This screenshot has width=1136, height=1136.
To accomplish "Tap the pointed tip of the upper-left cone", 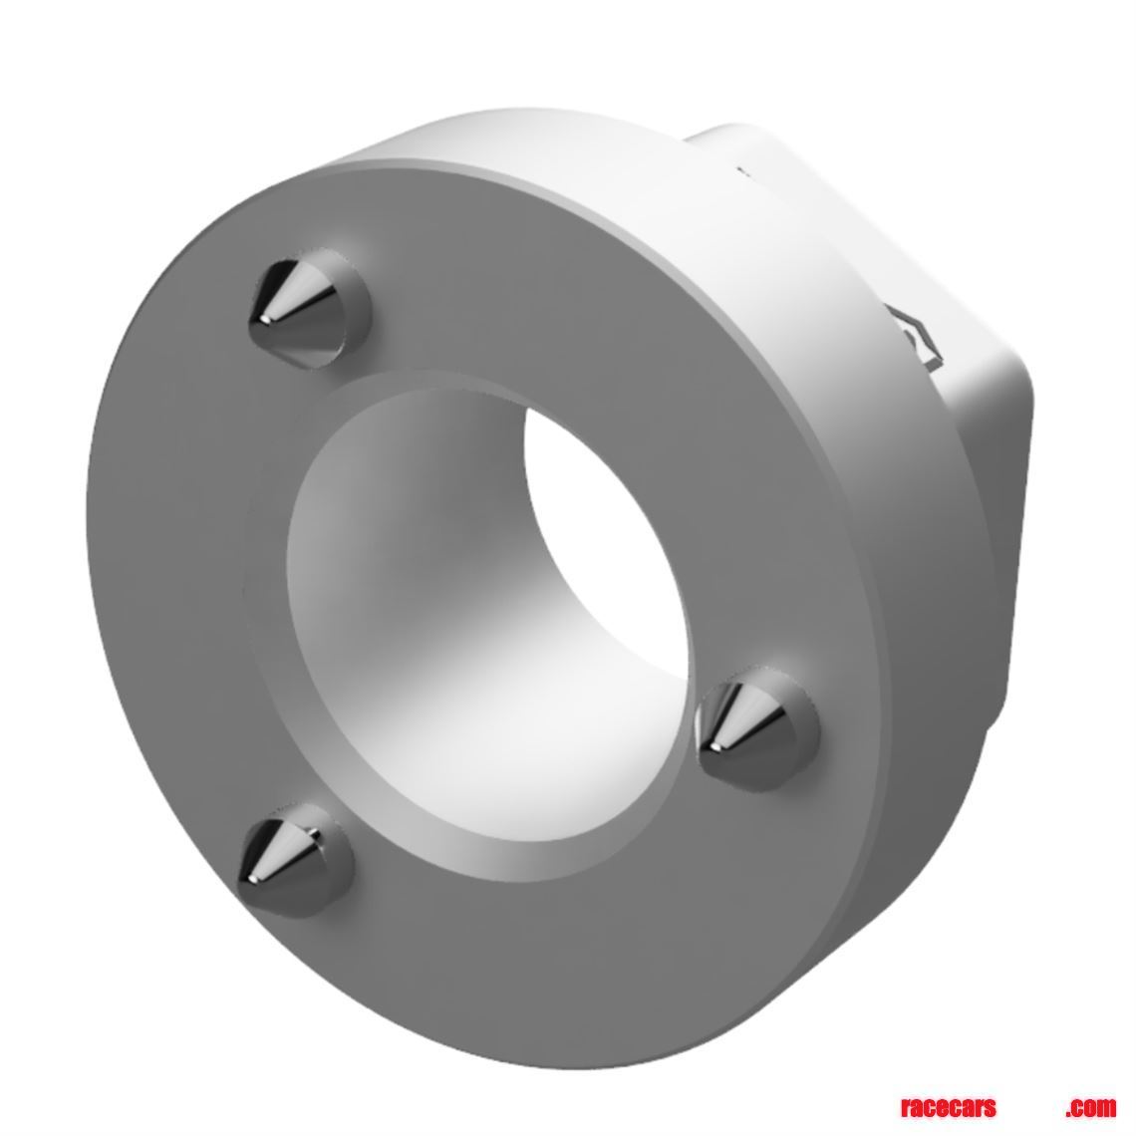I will [261, 320].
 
